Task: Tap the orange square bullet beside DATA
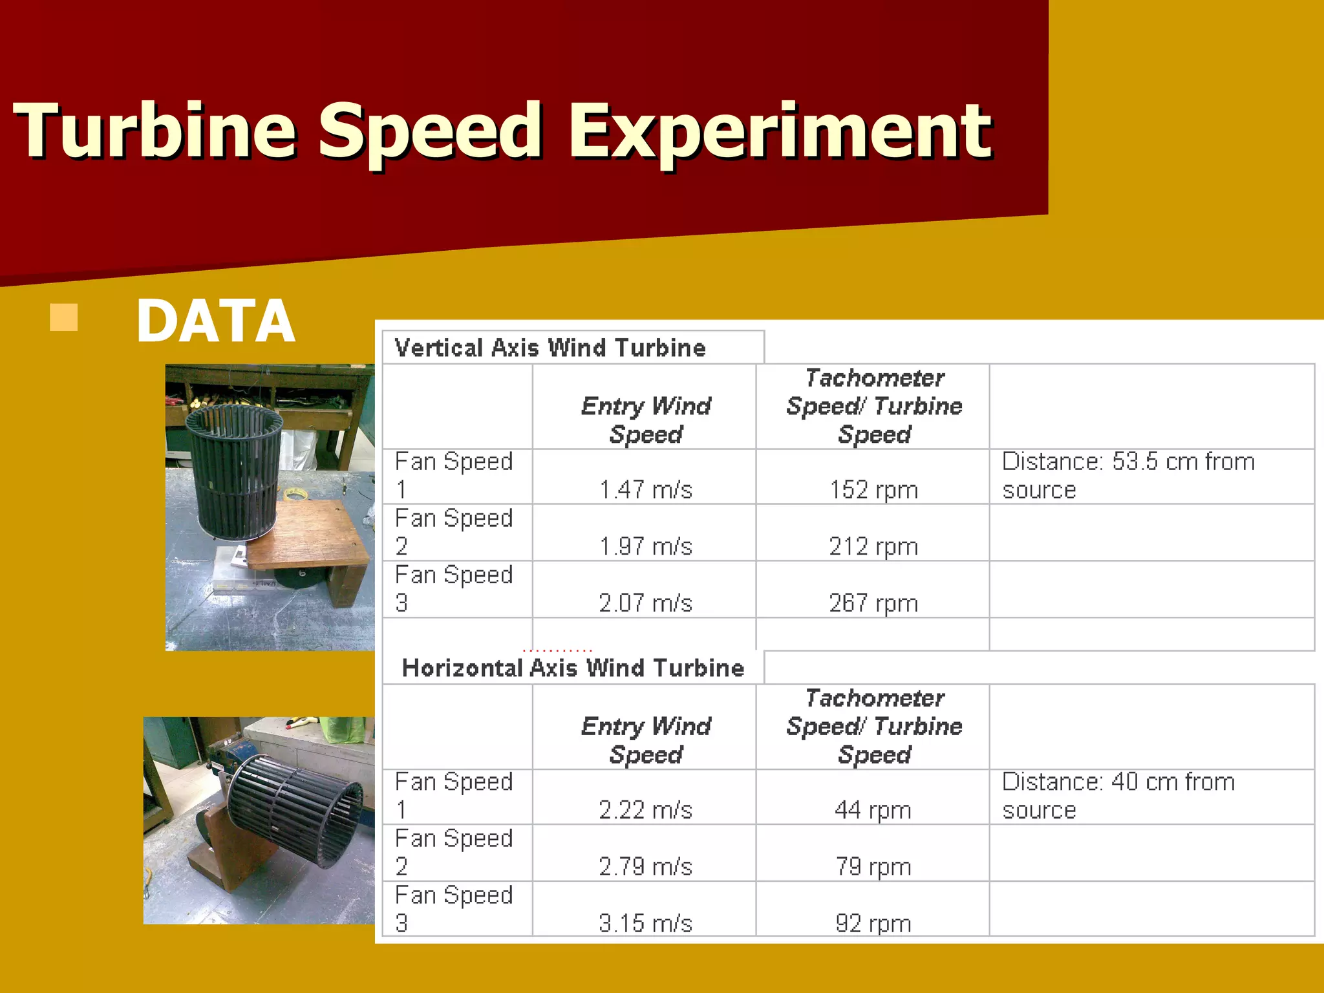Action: (x=63, y=317)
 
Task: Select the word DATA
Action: (x=216, y=321)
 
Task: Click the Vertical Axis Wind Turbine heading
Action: (x=550, y=348)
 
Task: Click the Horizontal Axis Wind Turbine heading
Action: (x=573, y=668)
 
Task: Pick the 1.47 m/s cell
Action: (x=645, y=489)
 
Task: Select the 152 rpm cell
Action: (x=873, y=489)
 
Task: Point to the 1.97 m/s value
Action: (x=645, y=546)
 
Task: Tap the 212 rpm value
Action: (x=873, y=546)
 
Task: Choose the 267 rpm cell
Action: (x=873, y=603)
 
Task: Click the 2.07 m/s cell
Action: (x=645, y=603)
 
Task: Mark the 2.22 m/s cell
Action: (x=645, y=809)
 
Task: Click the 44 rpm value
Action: (x=873, y=809)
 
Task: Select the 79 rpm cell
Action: (x=873, y=866)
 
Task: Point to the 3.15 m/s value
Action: (x=645, y=923)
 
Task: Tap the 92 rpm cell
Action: (x=873, y=923)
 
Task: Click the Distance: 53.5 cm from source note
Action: (x=1128, y=476)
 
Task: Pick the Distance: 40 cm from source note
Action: (x=1118, y=796)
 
